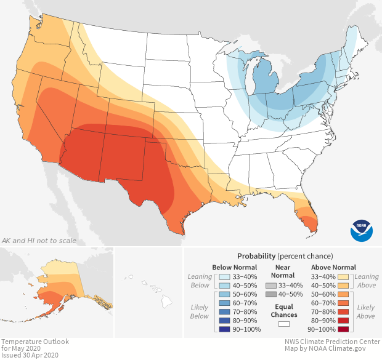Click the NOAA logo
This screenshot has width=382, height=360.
(x=362, y=230)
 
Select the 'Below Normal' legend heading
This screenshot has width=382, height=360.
(x=234, y=267)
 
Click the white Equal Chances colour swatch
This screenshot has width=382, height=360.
(x=284, y=323)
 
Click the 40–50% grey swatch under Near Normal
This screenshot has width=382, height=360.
(x=271, y=295)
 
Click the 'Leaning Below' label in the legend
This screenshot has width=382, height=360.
(x=200, y=281)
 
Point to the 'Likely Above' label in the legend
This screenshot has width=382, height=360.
(x=366, y=311)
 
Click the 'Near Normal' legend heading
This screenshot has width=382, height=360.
(x=284, y=271)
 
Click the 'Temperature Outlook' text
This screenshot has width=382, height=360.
(x=35, y=342)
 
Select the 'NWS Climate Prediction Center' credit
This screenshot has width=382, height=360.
(x=333, y=342)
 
